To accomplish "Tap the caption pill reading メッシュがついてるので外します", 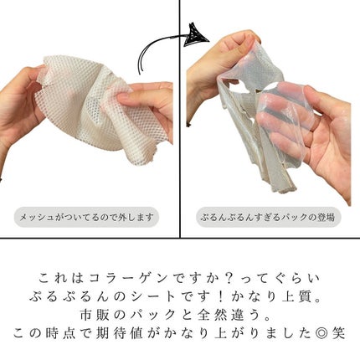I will pos(87,218).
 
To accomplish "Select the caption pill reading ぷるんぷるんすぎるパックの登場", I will pos(269,218).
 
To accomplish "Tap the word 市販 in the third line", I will pos(113,314).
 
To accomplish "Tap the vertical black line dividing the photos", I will pos(180,126).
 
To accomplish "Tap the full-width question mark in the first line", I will pos(231,277).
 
